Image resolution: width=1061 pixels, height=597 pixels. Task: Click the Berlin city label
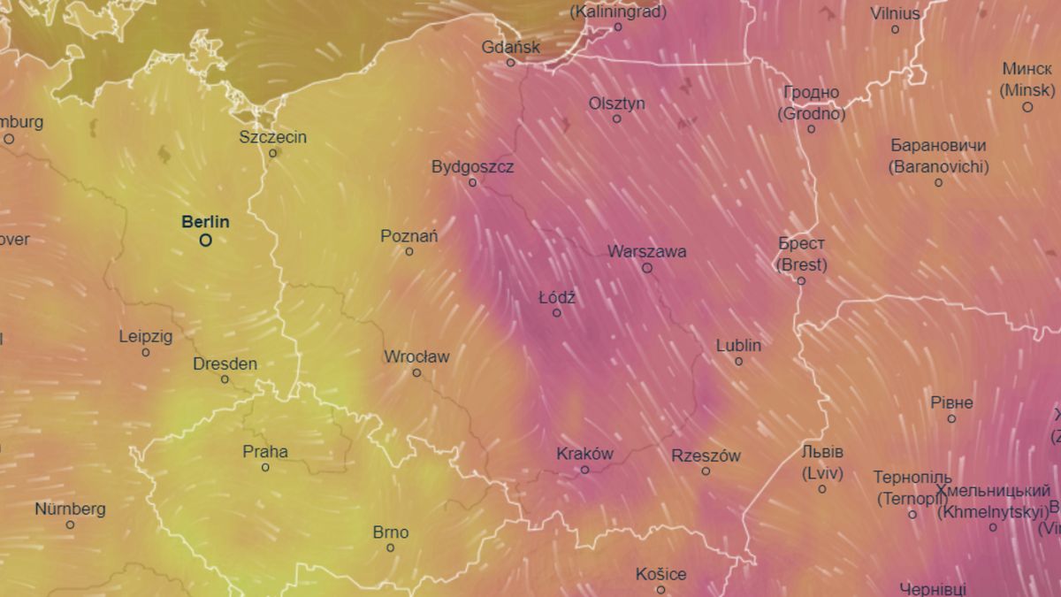[205, 221]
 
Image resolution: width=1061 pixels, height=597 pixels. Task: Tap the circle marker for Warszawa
[647, 267]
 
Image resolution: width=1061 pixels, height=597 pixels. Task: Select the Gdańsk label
[510, 47]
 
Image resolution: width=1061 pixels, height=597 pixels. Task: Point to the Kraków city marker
[584, 470]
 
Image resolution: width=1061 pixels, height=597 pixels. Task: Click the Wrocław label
[416, 357]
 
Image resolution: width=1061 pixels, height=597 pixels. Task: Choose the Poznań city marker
[409, 252]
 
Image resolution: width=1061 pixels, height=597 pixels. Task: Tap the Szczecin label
[273, 137]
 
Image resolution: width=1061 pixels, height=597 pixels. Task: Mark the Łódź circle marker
[557, 313]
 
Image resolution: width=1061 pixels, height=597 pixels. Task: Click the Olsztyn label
[617, 103]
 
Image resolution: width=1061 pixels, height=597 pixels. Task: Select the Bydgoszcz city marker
[473, 183]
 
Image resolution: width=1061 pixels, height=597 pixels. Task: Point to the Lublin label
[738, 346]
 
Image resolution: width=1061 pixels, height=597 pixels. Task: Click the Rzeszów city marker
[706, 471]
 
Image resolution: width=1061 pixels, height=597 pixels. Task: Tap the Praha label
[265, 452]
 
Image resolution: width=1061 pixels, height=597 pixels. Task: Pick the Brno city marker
[390, 548]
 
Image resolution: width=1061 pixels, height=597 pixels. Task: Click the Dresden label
[225, 364]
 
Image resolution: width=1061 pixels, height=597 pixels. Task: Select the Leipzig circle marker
[146, 353]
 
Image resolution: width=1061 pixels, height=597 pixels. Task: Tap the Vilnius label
[895, 14]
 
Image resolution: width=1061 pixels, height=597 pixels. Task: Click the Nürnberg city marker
[70, 525]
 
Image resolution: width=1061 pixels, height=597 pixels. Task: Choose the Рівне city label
[951, 403]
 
